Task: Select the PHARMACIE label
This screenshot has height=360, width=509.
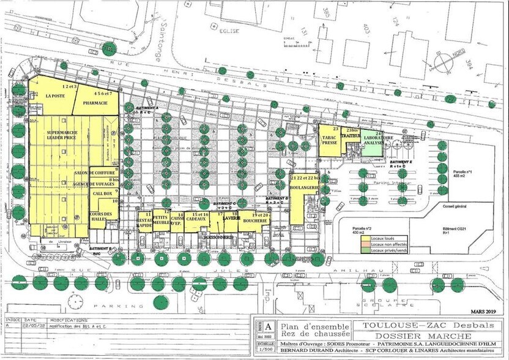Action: (96, 103)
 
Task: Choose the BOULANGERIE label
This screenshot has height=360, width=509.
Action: (304, 187)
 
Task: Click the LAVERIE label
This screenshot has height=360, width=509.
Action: (230, 218)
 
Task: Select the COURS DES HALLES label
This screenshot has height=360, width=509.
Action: (102, 216)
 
